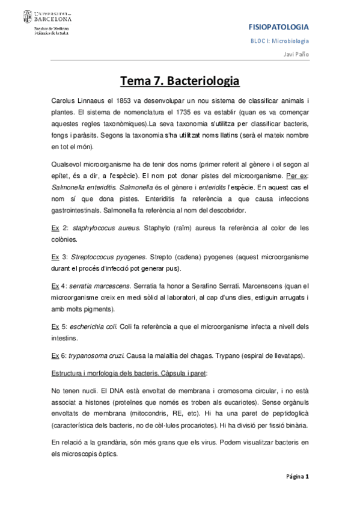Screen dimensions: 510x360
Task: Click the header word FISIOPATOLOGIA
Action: pyautogui.click(x=279, y=27)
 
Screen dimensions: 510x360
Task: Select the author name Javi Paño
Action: pyautogui.click(x=296, y=54)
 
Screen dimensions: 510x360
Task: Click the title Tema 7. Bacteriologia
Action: pyautogui.click(x=180, y=81)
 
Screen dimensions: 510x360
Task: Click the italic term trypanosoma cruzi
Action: pyautogui.click(x=103, y=355)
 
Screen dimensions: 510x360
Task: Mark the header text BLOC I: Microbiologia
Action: pyautogui.click(x=280, y=40)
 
